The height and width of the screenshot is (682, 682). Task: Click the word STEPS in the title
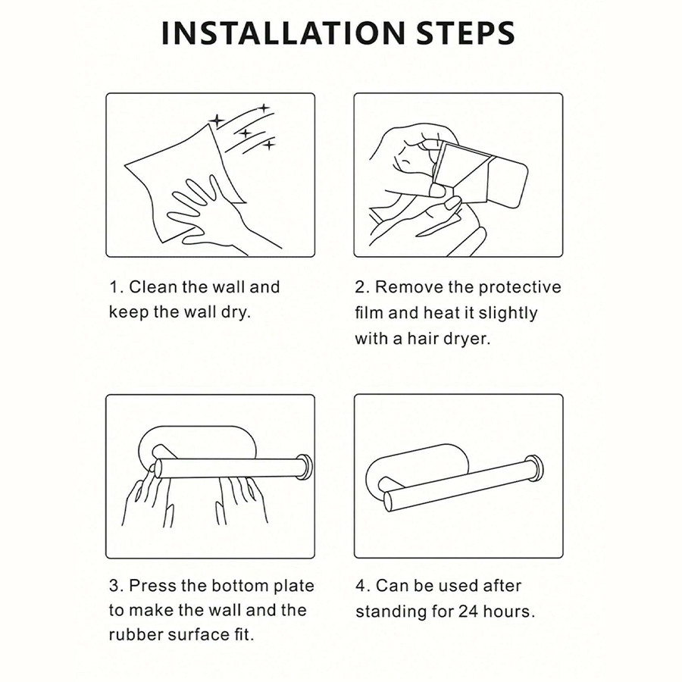466,33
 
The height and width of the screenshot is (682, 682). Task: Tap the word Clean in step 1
153,287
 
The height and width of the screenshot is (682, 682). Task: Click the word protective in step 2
520,287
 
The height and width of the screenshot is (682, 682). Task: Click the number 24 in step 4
468,612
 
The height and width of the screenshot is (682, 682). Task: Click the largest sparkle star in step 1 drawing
216,120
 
